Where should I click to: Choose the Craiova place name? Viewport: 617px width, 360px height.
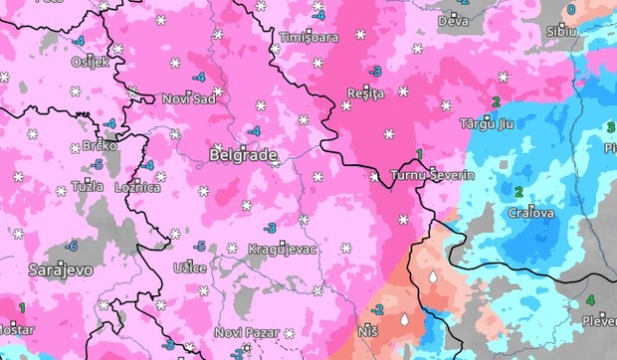coord(530,213)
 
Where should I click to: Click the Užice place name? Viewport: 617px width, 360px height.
coord(189,269)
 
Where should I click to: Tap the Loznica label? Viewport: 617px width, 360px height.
coord(138,187)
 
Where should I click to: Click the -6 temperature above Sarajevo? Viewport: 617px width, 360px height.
coord(71,246)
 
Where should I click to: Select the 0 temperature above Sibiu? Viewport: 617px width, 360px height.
coord(570,10)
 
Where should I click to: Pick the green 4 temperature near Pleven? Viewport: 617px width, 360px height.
coord(589,300)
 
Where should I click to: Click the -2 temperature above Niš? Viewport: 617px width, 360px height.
coord(377,311)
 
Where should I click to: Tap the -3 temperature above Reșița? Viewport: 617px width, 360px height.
coord(375,71)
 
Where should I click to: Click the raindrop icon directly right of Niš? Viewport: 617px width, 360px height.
coord(404,321)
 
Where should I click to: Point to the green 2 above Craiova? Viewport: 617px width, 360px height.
coord(517,191)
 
